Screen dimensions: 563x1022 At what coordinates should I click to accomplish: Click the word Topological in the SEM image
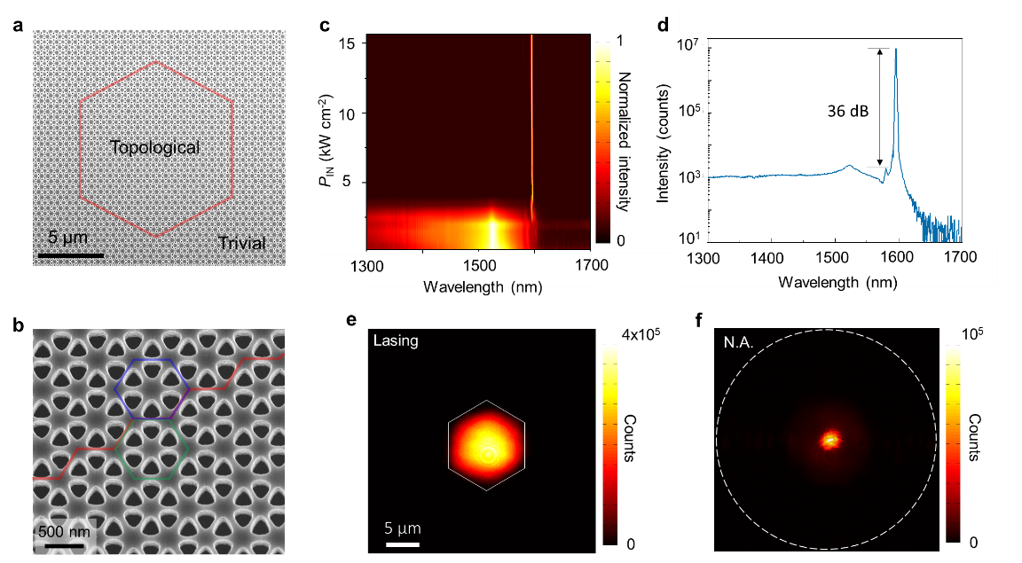point(154,148)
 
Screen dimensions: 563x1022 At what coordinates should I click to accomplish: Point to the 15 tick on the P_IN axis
point(347,43)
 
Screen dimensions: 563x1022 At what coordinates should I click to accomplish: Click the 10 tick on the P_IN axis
point(347,114)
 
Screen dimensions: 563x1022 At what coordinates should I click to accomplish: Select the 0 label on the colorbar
point(620,240)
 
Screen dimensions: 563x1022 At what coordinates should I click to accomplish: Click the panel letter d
point(663,25)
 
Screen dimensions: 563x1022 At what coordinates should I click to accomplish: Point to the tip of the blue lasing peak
point(896,50)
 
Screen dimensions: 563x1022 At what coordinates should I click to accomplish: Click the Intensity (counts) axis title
point(663,143)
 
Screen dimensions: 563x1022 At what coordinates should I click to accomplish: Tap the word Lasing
point(396,340)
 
